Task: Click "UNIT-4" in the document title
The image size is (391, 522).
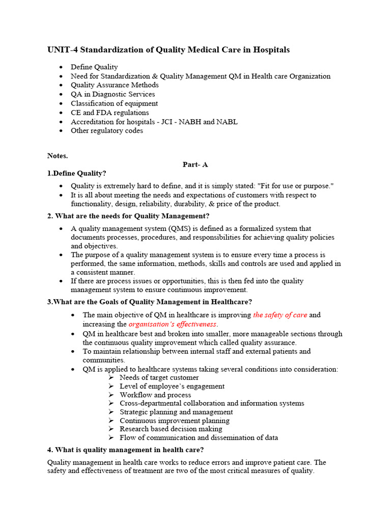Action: pos(62,50)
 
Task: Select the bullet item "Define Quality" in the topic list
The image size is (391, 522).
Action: pos(94,67)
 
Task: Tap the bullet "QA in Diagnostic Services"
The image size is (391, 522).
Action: pos(113,94)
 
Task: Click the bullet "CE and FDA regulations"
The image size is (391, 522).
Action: pos(109,113)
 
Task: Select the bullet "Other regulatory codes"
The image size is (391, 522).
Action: pos(107,131)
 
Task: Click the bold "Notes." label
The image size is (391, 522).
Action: pos(58,155)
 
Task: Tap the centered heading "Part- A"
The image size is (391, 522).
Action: pos(195,165)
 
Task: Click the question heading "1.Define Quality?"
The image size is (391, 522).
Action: pos(77,174)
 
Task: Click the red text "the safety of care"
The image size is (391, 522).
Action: pos(280,315)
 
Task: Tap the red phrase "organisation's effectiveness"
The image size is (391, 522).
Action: pos(173,324)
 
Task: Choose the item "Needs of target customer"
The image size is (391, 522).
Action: pos(159,378)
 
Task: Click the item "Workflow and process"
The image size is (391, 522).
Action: pos(155,395)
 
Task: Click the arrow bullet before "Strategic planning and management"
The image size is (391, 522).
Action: pos(111,412)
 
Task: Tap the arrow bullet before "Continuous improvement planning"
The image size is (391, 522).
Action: pos(111,421)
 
